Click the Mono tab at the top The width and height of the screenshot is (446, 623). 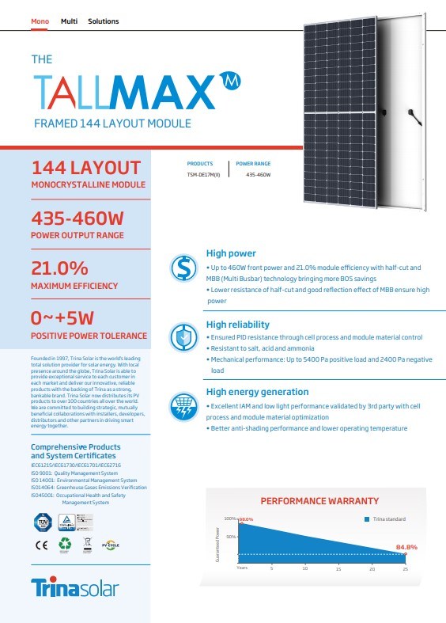[x=39, y=21]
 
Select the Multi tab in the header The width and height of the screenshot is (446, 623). [x=69, y=21]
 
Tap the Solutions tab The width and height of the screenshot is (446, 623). [x=104, y=21]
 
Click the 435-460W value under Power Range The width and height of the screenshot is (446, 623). [x=258, y=174]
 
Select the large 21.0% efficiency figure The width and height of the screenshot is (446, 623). [x=59, y=268]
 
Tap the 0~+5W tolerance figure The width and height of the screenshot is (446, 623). [x=62, y=319]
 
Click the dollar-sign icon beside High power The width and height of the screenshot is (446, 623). [x=184, y=269]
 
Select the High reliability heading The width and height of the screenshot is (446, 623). [x=237, y=325]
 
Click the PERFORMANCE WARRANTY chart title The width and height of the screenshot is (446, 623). [x=319, y=501]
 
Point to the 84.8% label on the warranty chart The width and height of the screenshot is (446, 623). [x=406, y=548]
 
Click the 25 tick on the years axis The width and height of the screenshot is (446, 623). [x=405, y=569]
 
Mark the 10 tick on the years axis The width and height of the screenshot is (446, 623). [x=305, y=569]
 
